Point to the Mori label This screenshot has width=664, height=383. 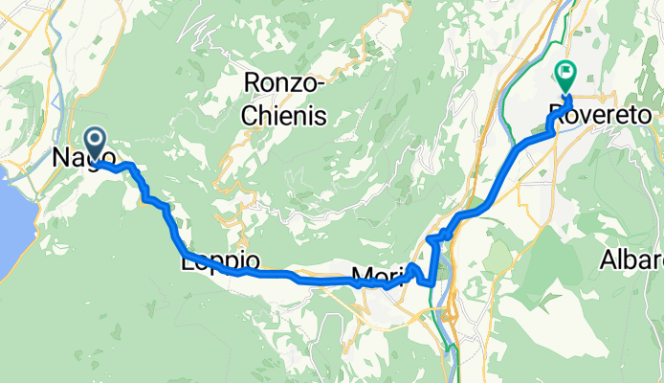[373, 278]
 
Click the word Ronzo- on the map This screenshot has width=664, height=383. [286, 83]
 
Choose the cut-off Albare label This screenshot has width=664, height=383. [632, 260]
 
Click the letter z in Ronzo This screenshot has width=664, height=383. [295, 83]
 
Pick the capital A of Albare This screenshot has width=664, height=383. [609, 260]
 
